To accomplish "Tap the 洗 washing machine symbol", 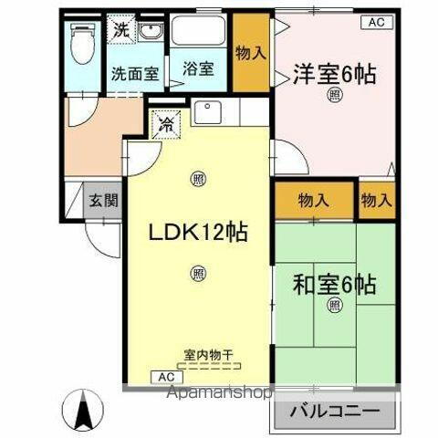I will pyautogui.click(x=120, y=30).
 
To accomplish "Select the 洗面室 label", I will pyautogui.click(x=132, y=73).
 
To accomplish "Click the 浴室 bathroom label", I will pyautogui.click(x=198, y=68).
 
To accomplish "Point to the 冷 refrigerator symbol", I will pyautogui.click(x=166, y=122).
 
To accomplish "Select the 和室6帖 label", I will pyautogui.click(x=334, y=285).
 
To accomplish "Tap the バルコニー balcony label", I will pyautogui.click(x=334, y=412).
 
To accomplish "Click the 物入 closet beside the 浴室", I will pyautogui.click(x=251, y=53).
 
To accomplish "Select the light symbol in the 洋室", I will pyautogui.click(x=335, y=95).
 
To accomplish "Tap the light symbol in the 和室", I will pyautogui.click(x=334, y=305).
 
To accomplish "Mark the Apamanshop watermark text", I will pyautogui.click(x=217, y=395).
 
